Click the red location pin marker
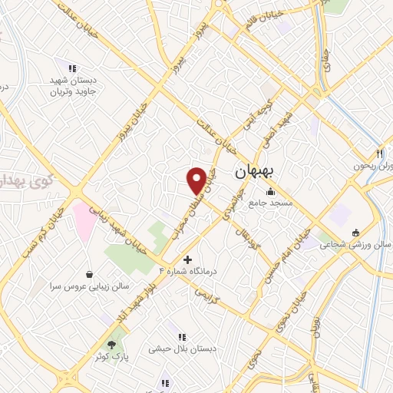click(x=197, y=180)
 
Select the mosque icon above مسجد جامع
click(x=269, y=192)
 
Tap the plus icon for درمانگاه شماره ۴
click(x=188, y=259)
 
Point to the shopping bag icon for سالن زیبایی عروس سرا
click(x=90, y=273)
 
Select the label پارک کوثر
click(x=111, y=357)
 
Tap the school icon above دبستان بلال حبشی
click(x=182, y=336)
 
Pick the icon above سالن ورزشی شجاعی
click(x=355, y=233)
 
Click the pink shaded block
click(x=84, y=218)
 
